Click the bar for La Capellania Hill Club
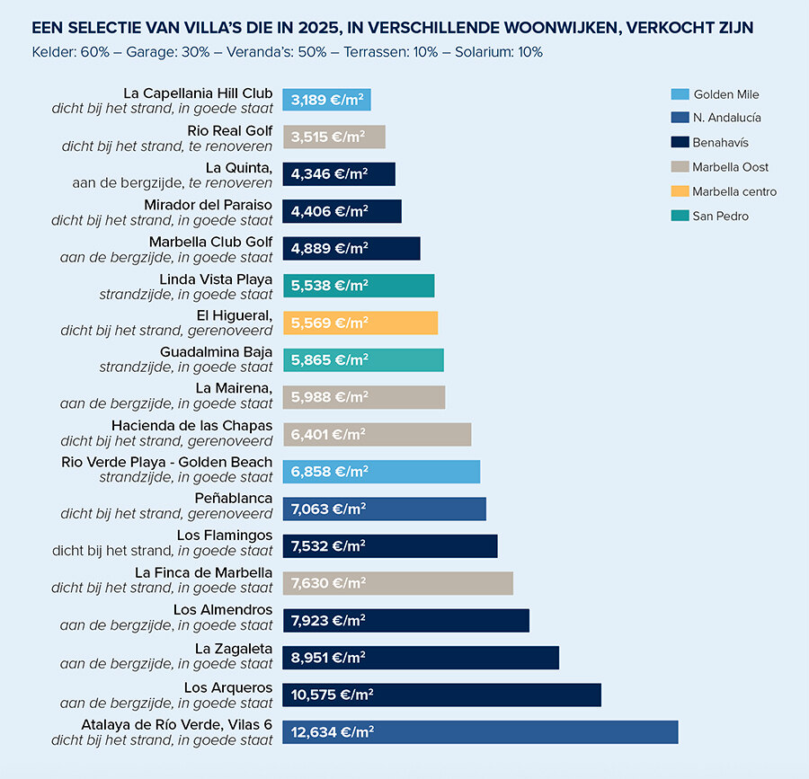pos(326,100)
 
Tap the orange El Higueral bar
pos(360,323)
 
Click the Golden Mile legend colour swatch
pos(680,94)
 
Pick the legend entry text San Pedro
pos(720,216)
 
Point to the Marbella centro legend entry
pos(733,191)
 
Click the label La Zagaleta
pos(234,649)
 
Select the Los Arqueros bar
pos(441,695)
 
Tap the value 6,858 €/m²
pos(328,472)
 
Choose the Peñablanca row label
pos(233,499)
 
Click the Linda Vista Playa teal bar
pos(358,286)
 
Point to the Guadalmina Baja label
pos(216,351)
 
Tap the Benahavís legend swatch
pos(680,143)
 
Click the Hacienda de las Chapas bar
pos(377,435)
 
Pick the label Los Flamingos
pos(225,536)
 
